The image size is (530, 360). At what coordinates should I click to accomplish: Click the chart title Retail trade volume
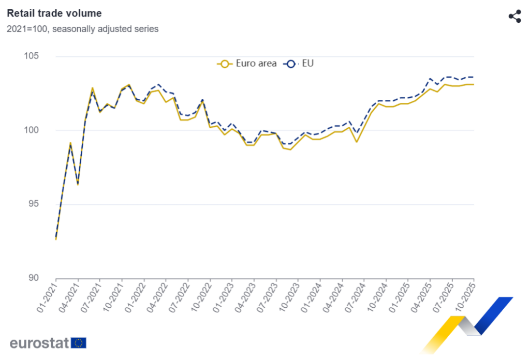54,13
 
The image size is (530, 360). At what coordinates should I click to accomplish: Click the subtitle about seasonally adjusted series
83,29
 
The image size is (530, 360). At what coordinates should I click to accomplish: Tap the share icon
514,16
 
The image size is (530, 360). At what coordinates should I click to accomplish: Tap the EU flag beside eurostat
79,343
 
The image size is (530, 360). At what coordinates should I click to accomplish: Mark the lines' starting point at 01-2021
56,238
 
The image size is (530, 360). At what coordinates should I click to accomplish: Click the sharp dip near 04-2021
78,184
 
